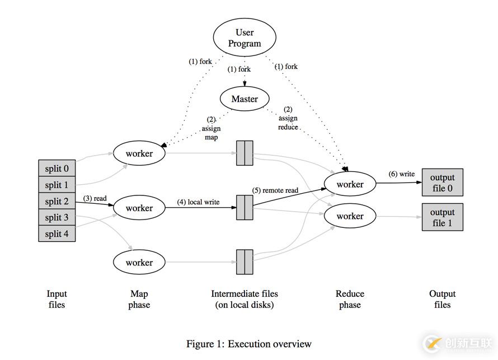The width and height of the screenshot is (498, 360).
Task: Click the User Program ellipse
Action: pyautogui.click(x=245, y=38)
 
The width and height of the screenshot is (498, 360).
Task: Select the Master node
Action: pyautogui.click(x=245, y=99)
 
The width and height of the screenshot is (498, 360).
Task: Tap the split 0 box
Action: pyautogui.click(x=57, y=169)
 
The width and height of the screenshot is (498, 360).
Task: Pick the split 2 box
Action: pyautogui.click(x=57, y=201)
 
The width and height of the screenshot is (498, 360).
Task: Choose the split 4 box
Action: pyautogui.click(x=57, y=233)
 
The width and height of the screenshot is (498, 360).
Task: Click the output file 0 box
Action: pyautogui.click(x=442, y=183)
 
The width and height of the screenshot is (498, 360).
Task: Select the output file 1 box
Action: pyautogui.click(x=442, y=217)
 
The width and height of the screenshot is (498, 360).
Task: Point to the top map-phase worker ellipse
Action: pyautogui.click(x=139, y=153)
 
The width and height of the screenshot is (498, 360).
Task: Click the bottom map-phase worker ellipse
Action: pyautogui.click(x=139, y=262)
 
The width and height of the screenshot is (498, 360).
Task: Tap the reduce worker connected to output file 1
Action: pyautogui.click(x=350, y=216)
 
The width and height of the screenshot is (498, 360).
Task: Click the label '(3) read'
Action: pyautogui.click(x=95, y=198)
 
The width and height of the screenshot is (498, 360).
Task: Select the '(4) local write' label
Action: pyautogui.click(x=198, y=202)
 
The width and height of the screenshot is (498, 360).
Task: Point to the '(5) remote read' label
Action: pyautogui.click(x=275, y=190)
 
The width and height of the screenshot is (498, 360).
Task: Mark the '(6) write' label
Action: pyautogui.click(x=402, y=174)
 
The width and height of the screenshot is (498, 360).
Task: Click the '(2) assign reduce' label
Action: pyautogui.click(x=288, y=118)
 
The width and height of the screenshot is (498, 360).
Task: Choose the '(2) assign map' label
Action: pyautogui.click(x=211, y=128)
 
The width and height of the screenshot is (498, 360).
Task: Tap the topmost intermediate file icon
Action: pyautogui.click(x=245, y=153)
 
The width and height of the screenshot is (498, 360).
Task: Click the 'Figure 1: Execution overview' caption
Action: pyautogui.click(x=248, y=344)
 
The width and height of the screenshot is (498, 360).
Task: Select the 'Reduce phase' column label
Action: pyautogui.click(x=350, y=299)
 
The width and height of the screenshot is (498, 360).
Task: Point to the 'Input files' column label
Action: pyautogui.click(x=57, y=299)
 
